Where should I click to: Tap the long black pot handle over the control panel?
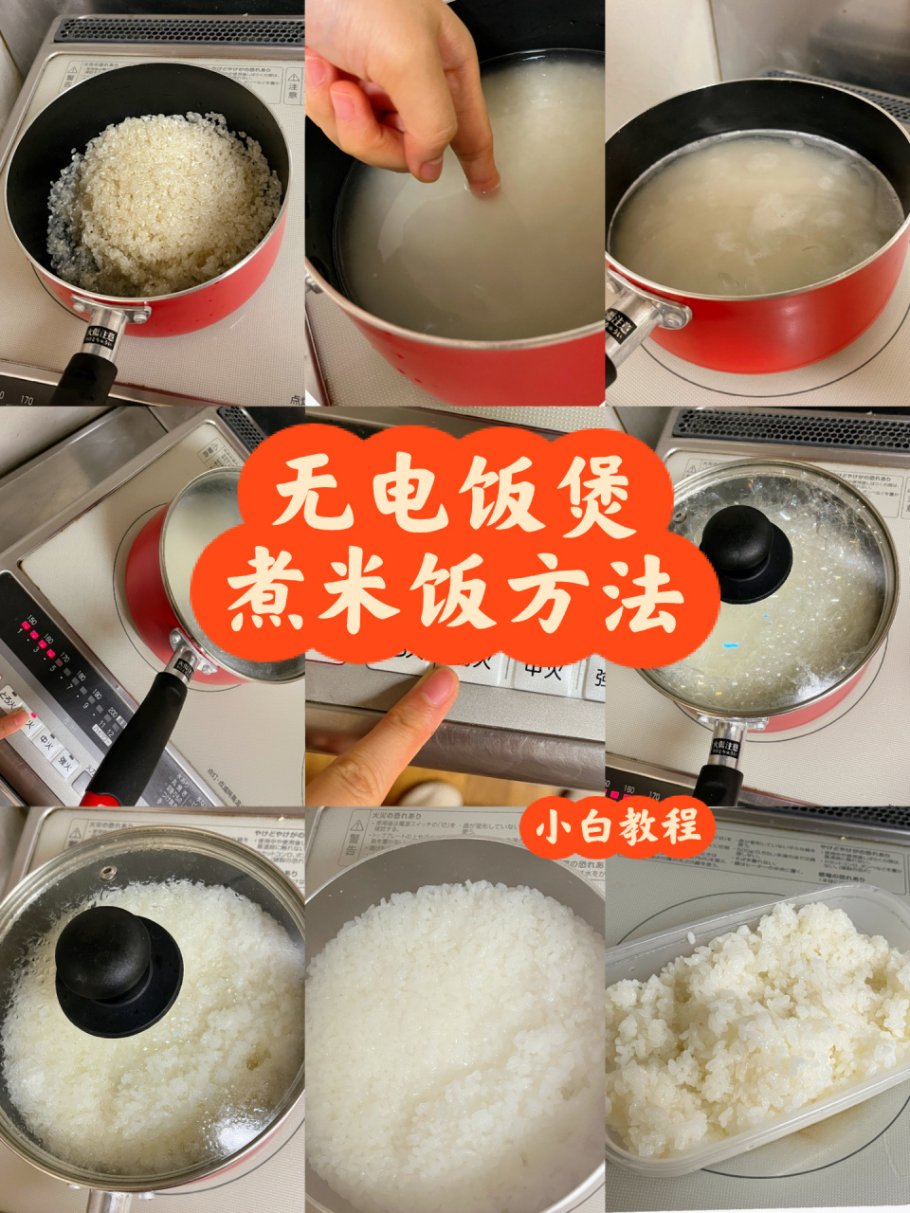click(x=142, y=730)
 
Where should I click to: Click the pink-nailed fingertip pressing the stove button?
click(x=11, y=722)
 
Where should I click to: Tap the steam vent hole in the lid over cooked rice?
click(x=105, y=869)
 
